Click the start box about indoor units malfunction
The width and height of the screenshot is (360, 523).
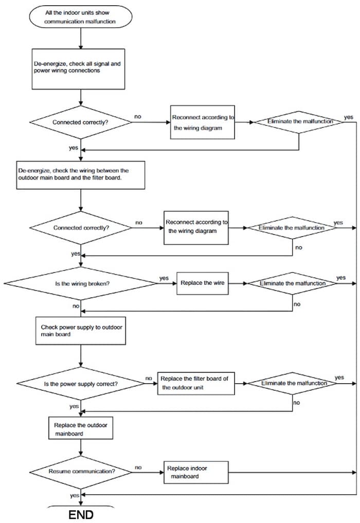pyautogui.click(x=80, y=17)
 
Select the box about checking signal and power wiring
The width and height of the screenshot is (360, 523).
pyautogui.click(x=78, y=69)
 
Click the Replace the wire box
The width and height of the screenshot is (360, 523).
pyautogui.click(x=203, y=283)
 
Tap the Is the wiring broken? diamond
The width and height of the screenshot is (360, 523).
pyautogui.click(x=80, y=283)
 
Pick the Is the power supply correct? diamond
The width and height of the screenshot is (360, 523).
pyautogui.click(x=81, y=384)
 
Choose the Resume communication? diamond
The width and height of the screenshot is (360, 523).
pyautogui.click(x=81, y=472)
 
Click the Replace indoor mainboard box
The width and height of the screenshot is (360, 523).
pyautogui.click(x=196, y=472)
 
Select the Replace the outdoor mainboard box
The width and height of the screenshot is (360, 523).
pyautogui.click(x=81, y=428)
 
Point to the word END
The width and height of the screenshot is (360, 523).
pyautogui.click(x=81, y=515)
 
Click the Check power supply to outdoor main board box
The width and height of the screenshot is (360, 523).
pyautogui.click(x=81, y=331)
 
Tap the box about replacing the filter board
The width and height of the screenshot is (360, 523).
pyautogui.click(x=196, y=384)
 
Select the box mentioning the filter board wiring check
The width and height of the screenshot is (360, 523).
pyautogui.click(x=81, y=175)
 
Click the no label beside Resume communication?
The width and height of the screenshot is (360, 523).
pyautogui.click(x=138, y=467)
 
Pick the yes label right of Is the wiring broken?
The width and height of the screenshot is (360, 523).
pyautogui.click(x=164, y=278)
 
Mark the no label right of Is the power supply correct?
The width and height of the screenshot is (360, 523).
pyautogui.click(x=149, y=378)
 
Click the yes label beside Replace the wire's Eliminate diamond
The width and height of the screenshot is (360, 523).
pyautogui.click(x=341, y=278)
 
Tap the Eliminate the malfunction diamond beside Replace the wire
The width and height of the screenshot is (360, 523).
pyautogui.click(x=293, y=283)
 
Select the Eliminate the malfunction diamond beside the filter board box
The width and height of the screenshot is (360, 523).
pyautogui.click(x=293, y=384)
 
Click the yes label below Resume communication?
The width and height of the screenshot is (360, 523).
pyautogui.click(x=75, y=496)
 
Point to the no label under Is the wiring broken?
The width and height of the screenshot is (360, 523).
pyautogui.click(x=76, y=306)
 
